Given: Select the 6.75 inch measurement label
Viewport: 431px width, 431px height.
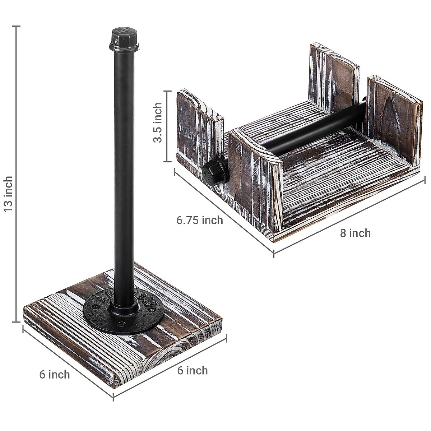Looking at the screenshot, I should (199, 220).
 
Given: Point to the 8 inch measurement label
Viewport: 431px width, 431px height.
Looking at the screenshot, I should (355, 233).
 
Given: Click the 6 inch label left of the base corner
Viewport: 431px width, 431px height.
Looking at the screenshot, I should (55, 374).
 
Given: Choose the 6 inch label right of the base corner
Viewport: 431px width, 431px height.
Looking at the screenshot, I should (193, 370).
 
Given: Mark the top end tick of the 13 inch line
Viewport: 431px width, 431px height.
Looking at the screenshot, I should (15, 26).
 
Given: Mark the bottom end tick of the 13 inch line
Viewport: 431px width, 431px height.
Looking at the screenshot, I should (15, 322).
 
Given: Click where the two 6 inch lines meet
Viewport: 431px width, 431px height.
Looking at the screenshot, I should (113, 386).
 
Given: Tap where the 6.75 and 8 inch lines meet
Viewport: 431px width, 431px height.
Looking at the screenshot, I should (274, 254).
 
